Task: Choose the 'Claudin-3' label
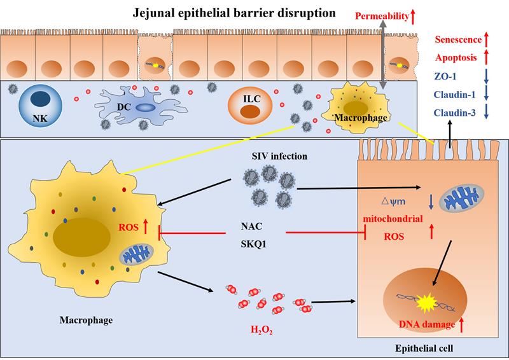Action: pyautogui.click(x=456, y=114)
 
